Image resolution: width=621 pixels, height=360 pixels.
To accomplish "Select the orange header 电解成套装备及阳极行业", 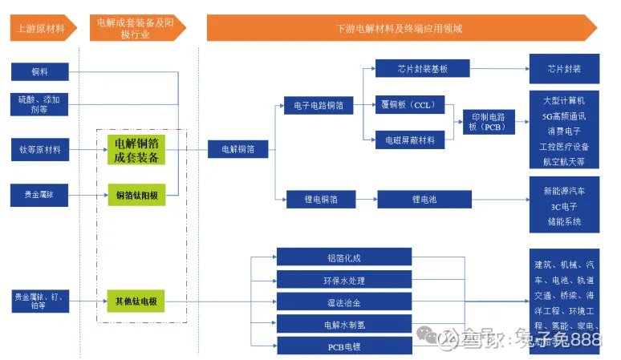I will (x=136, y=28).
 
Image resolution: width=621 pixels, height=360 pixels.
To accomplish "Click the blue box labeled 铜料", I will (x=39, y=72).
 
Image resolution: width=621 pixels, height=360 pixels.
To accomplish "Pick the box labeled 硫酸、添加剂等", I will (x=39, y=104).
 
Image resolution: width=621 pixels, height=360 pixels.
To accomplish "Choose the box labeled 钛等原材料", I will (x=39, y=149).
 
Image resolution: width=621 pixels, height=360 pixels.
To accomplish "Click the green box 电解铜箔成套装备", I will (x=136, y=150).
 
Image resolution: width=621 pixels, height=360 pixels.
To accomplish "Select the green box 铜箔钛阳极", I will (x=136, y=195).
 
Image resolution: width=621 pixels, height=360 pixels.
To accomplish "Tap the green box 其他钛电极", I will (x=136, y=302).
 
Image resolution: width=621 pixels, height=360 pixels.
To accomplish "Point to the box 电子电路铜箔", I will (x=319, y=105).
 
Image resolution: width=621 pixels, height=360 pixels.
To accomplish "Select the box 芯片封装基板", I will (x=422, y=69).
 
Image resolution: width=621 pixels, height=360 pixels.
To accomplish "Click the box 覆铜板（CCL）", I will (x=409, y=105).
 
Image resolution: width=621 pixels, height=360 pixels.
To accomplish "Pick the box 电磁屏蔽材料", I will (x=409, y=140).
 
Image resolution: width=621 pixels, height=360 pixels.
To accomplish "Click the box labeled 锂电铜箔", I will (x=321, y=199).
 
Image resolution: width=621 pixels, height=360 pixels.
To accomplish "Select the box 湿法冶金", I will (x=344, y=302).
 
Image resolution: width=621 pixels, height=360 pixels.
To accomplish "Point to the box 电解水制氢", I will (x=344, y=325).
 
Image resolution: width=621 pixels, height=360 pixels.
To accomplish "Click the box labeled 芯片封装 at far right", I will (x=564, y=69).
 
